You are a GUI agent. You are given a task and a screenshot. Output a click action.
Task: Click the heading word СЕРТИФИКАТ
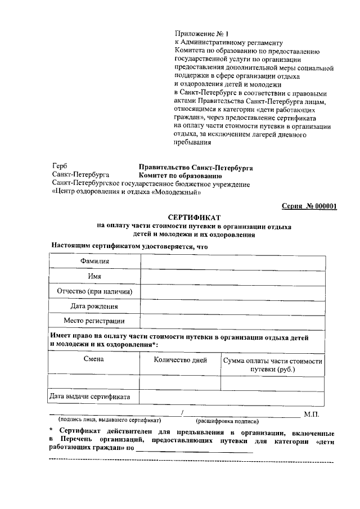coord(195,217)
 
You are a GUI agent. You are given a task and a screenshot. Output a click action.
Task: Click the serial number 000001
coord(322,206)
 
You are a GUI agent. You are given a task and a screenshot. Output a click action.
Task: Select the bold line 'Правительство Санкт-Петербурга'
coord(196,168)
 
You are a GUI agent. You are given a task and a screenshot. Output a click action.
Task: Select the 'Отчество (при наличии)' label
coord(94,291)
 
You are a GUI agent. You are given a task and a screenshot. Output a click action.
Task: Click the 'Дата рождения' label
coord(94,307)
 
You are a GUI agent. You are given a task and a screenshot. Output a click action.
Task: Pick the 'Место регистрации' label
coord(94,321)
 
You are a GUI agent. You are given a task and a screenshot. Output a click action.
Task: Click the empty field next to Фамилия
coord(232,262)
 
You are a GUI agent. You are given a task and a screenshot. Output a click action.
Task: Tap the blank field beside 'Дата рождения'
coord(232,307)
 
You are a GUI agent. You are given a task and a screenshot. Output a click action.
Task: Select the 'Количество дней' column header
coord(180,360)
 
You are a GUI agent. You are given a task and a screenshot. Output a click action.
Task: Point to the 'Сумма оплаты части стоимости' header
coord(272,361)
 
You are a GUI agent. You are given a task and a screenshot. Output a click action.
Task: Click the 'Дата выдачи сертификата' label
coord(90,397)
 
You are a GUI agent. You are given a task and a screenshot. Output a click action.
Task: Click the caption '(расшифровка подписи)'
coord(227,421)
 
